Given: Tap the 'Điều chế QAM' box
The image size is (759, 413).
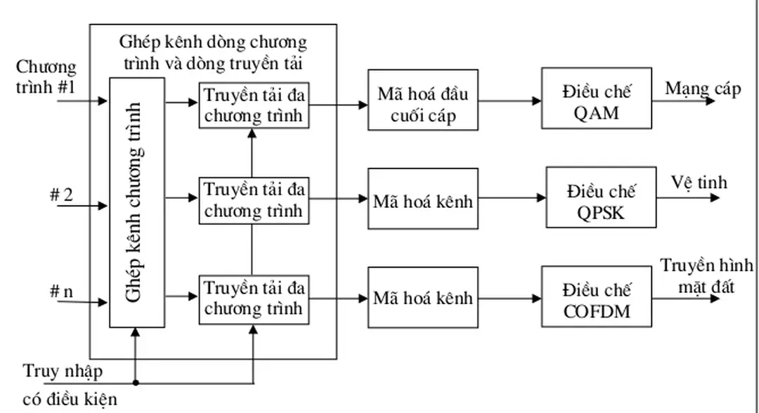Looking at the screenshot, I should (x=596, y=100).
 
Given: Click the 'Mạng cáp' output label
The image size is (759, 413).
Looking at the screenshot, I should (x=702, y=90).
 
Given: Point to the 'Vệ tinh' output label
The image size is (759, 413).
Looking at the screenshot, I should (x=699, y=183).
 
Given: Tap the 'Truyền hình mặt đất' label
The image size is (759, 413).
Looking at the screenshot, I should (x=706, y=275).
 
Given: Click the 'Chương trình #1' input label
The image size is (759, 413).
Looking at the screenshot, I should (x=46, y=78).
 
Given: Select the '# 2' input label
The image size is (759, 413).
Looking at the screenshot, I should (x=61, y=195).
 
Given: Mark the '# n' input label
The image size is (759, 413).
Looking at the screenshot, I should (x=61, y=292).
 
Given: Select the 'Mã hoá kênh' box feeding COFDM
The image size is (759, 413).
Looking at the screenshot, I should (x=422, y=298).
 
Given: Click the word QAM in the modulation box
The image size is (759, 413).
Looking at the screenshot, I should (x=596, y=111).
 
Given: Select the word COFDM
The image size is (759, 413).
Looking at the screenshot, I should (x=597, y=310).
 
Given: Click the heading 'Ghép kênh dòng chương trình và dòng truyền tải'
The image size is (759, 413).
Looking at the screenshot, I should (x=212, y=51).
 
